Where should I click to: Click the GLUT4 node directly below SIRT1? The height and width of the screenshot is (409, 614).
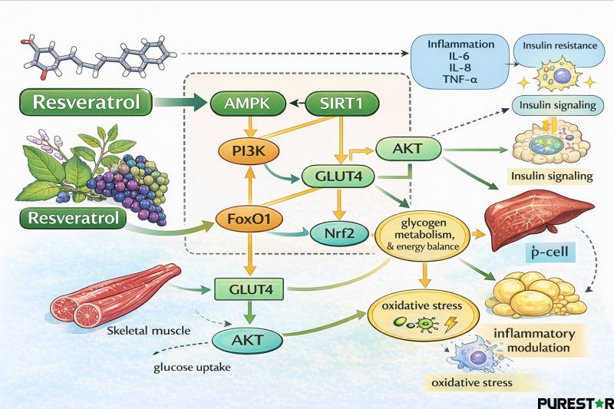338,176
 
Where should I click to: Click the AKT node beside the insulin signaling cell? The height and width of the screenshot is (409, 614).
408,146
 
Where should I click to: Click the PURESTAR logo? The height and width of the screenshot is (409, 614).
575,401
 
